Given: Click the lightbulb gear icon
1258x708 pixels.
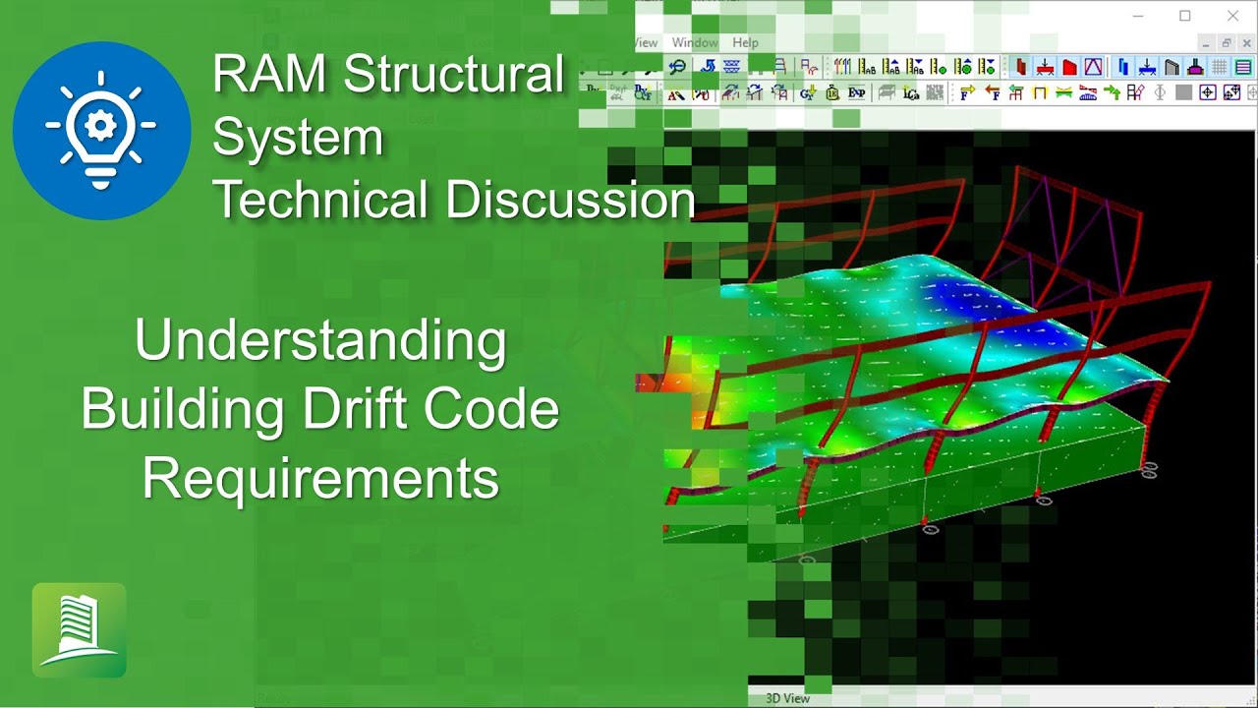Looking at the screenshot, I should point(101,130).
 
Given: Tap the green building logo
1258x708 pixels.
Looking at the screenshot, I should point(79,630).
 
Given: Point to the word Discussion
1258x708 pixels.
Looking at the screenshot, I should point(570,200).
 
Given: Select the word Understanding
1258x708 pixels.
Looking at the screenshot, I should point(320,341).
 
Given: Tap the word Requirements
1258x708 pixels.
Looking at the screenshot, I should point(320,479).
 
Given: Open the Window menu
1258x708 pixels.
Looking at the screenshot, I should point(695,43).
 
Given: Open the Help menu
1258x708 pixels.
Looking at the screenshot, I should point(745,43).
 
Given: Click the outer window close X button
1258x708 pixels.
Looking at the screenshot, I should point(1232,16).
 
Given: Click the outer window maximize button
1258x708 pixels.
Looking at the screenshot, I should point(1185,16).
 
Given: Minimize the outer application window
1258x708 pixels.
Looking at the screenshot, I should point(1138,16).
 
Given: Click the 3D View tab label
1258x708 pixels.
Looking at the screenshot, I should point(787,698).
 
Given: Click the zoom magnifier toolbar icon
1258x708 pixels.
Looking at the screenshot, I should point(677,67).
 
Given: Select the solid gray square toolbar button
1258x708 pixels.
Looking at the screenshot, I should point(1183,92).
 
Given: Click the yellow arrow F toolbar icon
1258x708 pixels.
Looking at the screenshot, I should point(967,92).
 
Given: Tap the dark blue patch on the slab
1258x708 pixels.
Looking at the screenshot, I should point(969,293).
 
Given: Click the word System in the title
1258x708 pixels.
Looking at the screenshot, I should point(297,138).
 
